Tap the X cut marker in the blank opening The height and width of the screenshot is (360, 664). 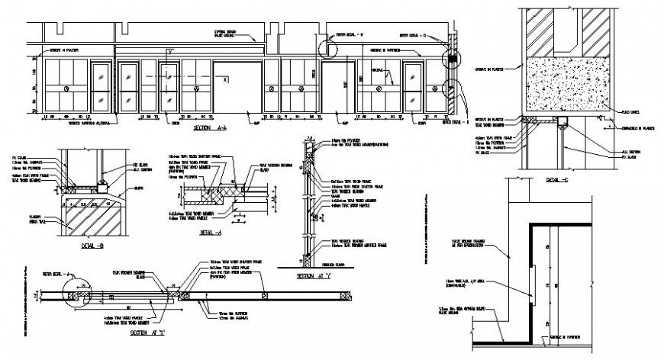226,78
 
